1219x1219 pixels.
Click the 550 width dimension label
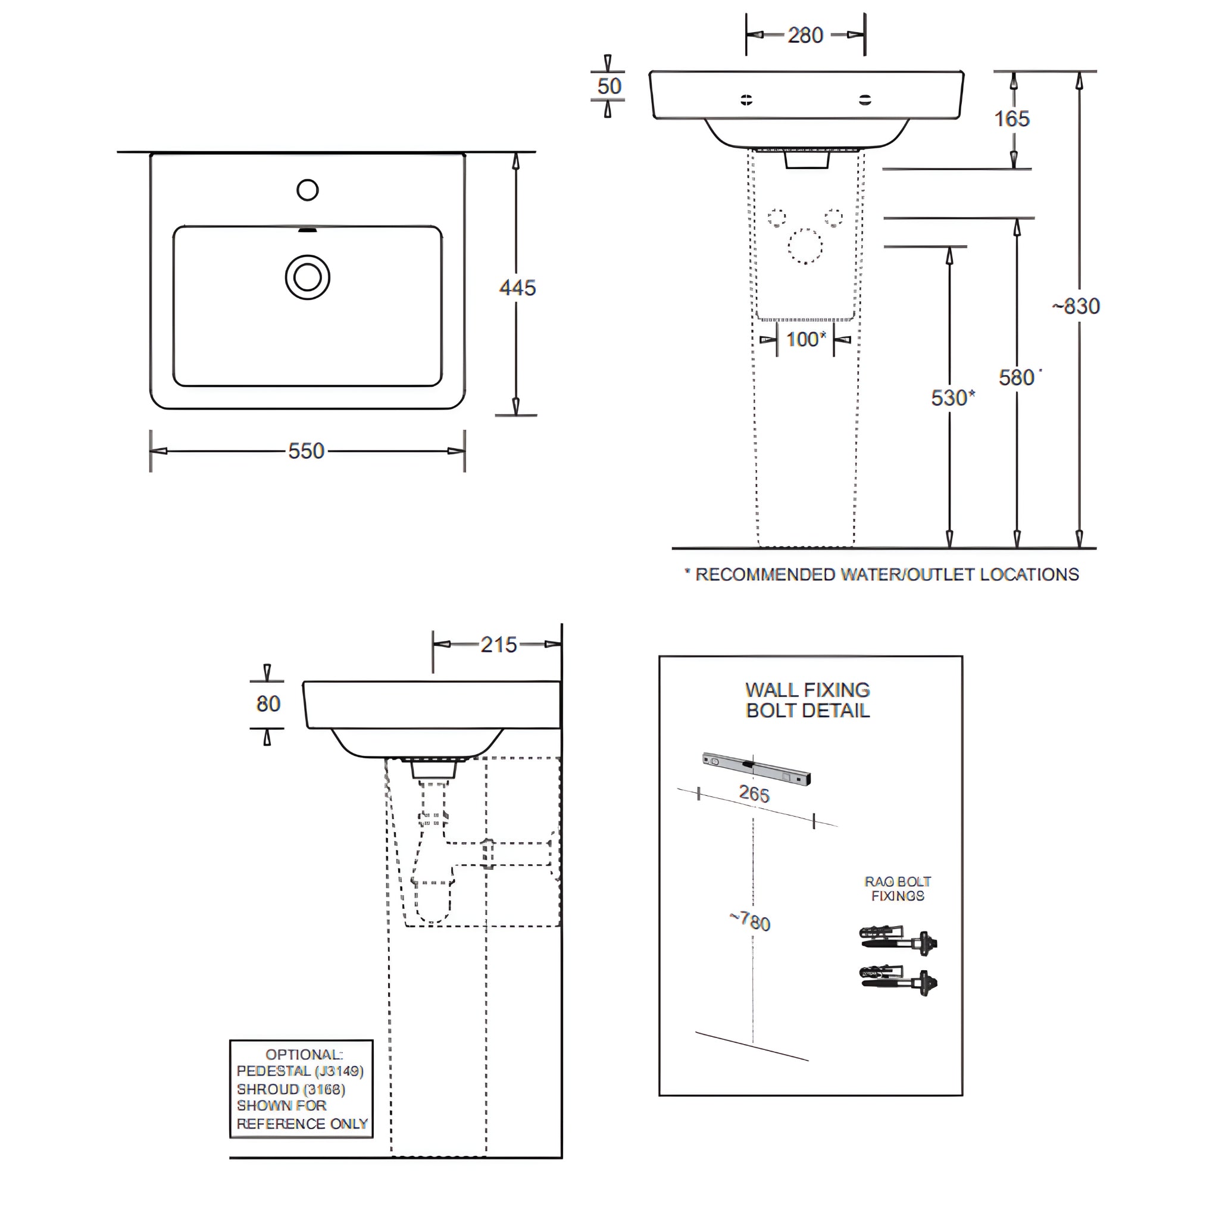(x=306, y=451)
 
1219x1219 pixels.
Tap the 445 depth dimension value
(x=517, y=287)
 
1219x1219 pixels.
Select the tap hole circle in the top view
(x=307, y=190)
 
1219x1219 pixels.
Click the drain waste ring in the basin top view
(x=307, y=277)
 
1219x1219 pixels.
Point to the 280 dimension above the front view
(x=805, y=35)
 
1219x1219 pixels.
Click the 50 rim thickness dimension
(x=609, y=86)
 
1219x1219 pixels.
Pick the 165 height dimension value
(x=1011, y=118)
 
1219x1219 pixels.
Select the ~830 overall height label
(x=1076, y=307)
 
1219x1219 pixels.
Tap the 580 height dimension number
(x=1017, y=378)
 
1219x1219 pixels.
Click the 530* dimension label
(x=952, y=398)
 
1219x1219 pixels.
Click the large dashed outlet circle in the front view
(x=805, y=246)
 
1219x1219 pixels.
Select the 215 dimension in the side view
(x=498, y=645)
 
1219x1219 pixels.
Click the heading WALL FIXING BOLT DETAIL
(x=808, y=700)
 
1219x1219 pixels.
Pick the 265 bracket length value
(x=754, y=793)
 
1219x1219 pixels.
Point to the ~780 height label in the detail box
(x=750, y=921)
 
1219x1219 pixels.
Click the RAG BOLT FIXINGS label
(x=897, y=889)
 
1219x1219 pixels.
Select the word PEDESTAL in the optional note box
(x=273, y=1071)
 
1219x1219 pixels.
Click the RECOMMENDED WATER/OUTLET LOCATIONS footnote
(x=886, y=575)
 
